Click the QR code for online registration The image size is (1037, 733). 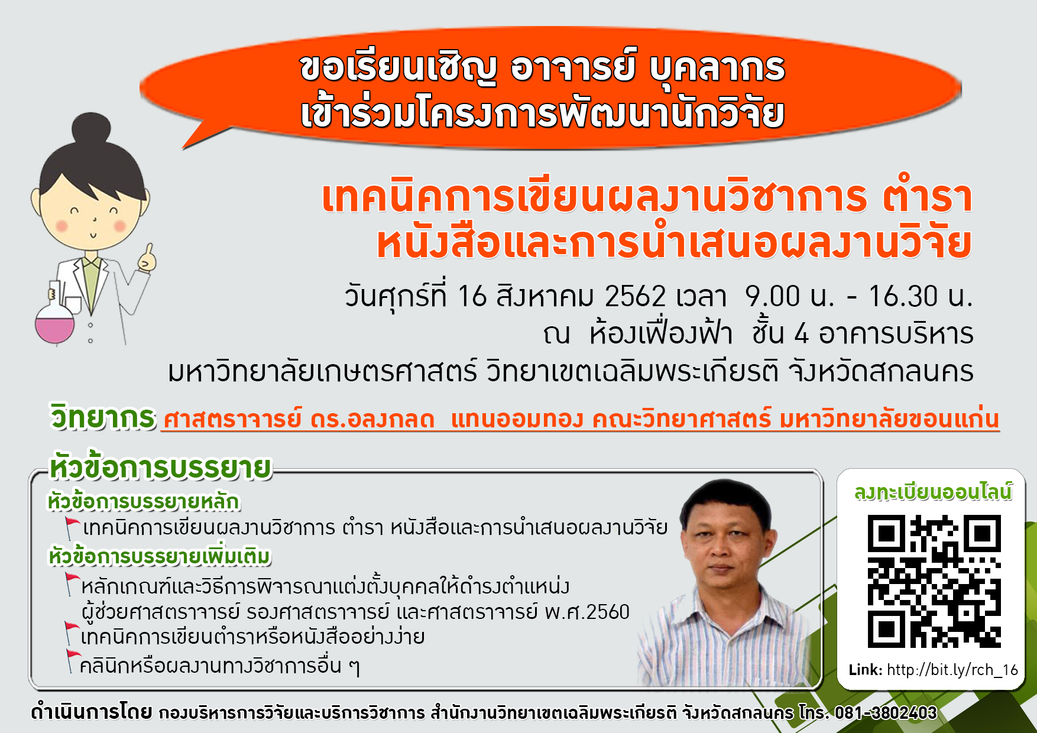[x=934, y=581]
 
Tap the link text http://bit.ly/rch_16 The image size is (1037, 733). [x=952, y=670]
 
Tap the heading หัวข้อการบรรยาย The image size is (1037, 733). [x=160, y=468]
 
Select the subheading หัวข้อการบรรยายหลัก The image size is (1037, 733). [x=144, y=501]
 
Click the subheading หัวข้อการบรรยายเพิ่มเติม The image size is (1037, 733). [x=159, y=557]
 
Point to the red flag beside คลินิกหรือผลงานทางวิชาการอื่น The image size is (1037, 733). [x=73, y=660]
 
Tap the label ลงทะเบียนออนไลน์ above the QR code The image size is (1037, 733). [x=933, y=492]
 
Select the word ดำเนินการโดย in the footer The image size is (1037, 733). [x=91, y=712]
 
